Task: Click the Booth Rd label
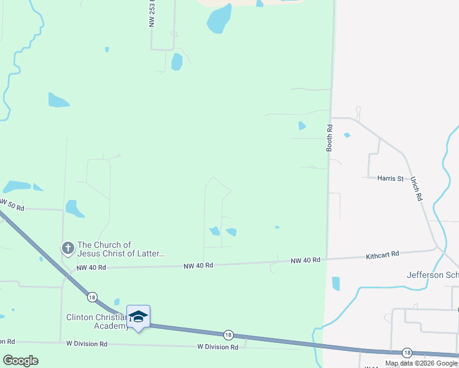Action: pos(330,138)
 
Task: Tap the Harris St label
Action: pos(391,178)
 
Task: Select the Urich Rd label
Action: pos(417,190)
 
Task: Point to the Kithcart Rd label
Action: pos(382,254)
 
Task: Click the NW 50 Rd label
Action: pos(10,205)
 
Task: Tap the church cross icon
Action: pos(67,248)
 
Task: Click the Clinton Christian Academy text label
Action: pos(98,321)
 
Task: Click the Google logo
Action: pos(20,360)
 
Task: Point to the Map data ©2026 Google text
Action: pos(422,363)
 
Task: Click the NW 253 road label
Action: pos(152,13)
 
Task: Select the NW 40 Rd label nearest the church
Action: pos(91,268)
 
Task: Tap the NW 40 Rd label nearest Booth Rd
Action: pos(306,260)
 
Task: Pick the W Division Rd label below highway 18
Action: pos(217,347)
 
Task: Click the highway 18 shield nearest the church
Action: pos(91,297)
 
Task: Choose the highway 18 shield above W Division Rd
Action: pos(228,334)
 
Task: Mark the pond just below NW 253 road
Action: pos(177,61)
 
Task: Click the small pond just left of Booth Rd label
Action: pos(301,126)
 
